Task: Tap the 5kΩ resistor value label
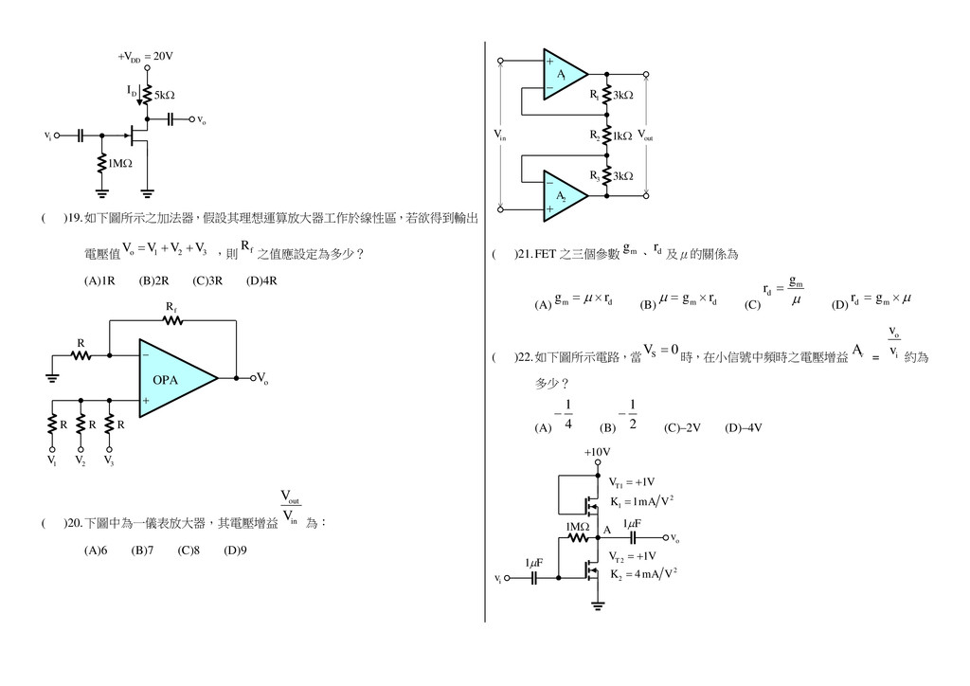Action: coord(164,96)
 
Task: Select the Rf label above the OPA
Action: coord(171,308)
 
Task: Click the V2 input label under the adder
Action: coord(81,461)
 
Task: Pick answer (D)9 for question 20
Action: coord(235,550)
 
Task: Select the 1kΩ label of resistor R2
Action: coord(621,136)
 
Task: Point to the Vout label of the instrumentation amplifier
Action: coord(645,136)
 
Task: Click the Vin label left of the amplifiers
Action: coord(501,136)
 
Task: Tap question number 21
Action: coord(524,255)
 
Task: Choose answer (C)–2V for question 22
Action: coord(681,427)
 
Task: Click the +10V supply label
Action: coord(597,452)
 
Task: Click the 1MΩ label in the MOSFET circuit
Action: coord(577,526)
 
